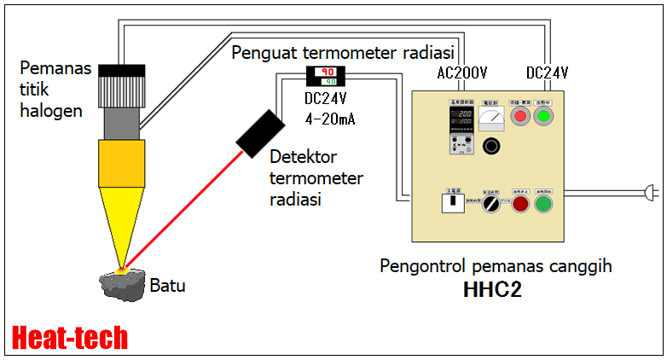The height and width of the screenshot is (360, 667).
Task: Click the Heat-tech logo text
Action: point(71,337)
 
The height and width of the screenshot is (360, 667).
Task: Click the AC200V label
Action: point(461,73)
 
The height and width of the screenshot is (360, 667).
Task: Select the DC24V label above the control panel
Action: point(547,73)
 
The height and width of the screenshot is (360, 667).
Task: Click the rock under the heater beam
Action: point(121,283)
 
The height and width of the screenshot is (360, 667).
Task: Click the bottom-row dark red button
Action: point(519,205)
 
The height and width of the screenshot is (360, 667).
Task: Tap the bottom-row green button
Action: point(542,205)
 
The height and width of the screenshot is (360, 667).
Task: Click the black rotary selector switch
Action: point(490,205)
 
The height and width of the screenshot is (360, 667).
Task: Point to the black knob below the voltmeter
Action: point(491,147)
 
